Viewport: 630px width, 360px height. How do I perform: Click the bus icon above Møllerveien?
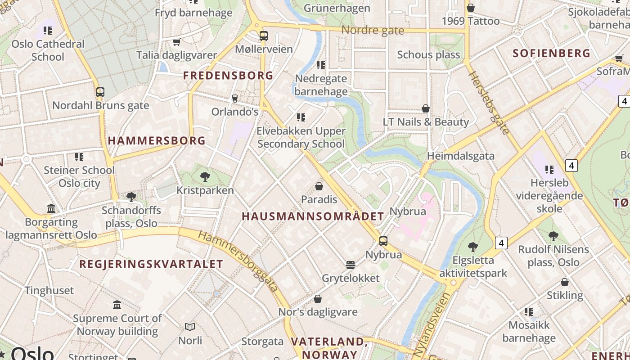click(x=264, y=36)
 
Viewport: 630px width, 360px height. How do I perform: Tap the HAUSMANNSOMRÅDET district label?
click(x=313, y=216)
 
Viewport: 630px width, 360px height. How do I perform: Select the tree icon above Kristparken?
click(x=205, y=176)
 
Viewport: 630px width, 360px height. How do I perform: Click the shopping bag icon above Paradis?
click(x=319, y=186)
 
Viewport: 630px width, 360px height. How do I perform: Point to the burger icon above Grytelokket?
click(x=351, y=265)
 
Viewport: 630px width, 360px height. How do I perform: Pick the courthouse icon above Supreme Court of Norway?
click(x=117, y=305)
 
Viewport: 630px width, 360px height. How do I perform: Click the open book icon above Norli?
click(x=190, y=327)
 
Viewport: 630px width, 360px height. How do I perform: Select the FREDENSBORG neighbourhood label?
click(x=228, y=76)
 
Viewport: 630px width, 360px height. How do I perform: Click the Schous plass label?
click(x=428, y=55)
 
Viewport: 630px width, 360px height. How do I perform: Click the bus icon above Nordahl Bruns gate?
click(x=100, y=92)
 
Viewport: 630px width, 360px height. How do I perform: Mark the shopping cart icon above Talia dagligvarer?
click(x=176, y=42)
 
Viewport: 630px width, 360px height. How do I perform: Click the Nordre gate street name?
click(x=373, y=31)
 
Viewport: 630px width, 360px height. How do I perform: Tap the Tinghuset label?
click(x=49, y=290)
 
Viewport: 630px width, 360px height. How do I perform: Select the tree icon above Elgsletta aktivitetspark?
click(x=472, y=247)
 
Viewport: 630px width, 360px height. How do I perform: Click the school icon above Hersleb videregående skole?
click(x=549, y=170)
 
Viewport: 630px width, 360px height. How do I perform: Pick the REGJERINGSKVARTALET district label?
click(x=151, y=264)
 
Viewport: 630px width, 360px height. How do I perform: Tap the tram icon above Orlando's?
click(x=234, y=98)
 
